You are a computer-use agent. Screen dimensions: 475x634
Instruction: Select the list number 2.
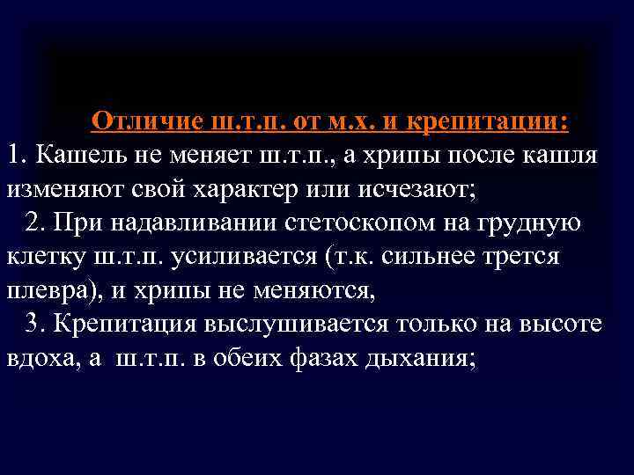[33, 223]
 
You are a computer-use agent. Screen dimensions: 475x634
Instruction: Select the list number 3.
[33, 323]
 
